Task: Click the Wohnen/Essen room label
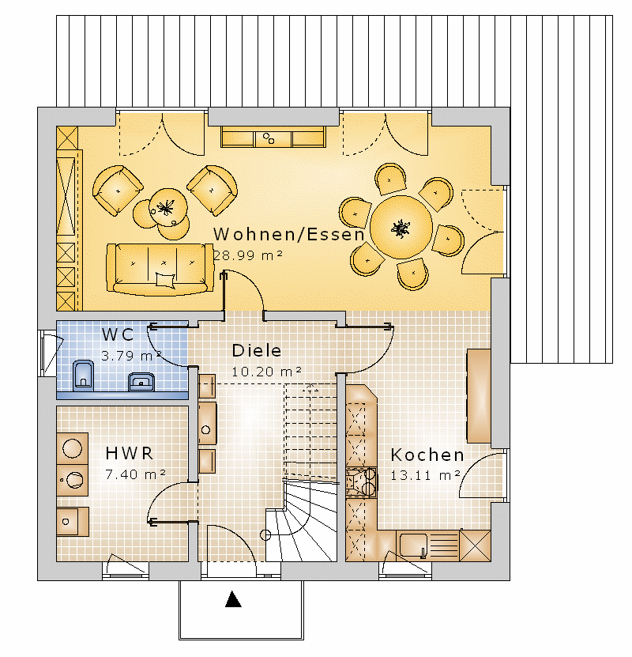click(289, 234)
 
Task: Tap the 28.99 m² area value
click(248, 255)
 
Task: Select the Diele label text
click(257, 351)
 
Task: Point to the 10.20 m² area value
click(266, 372)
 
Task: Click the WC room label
click(118, 334)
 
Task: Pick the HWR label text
click(129, 453)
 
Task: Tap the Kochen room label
click(427, 455)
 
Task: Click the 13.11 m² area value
click(425, 475)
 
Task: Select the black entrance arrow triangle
click(233, 598)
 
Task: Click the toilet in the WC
click(83, 375)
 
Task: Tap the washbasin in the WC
click(141, 381)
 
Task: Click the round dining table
click(401, 227)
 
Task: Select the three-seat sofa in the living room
click(160, 269)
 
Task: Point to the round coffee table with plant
click(168, 207)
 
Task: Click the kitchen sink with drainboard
click(427, 545)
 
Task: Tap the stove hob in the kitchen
click(361, 481)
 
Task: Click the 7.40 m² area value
click(135, 474)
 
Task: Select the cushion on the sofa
click(165, 279)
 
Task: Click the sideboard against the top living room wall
click(273, 136)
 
